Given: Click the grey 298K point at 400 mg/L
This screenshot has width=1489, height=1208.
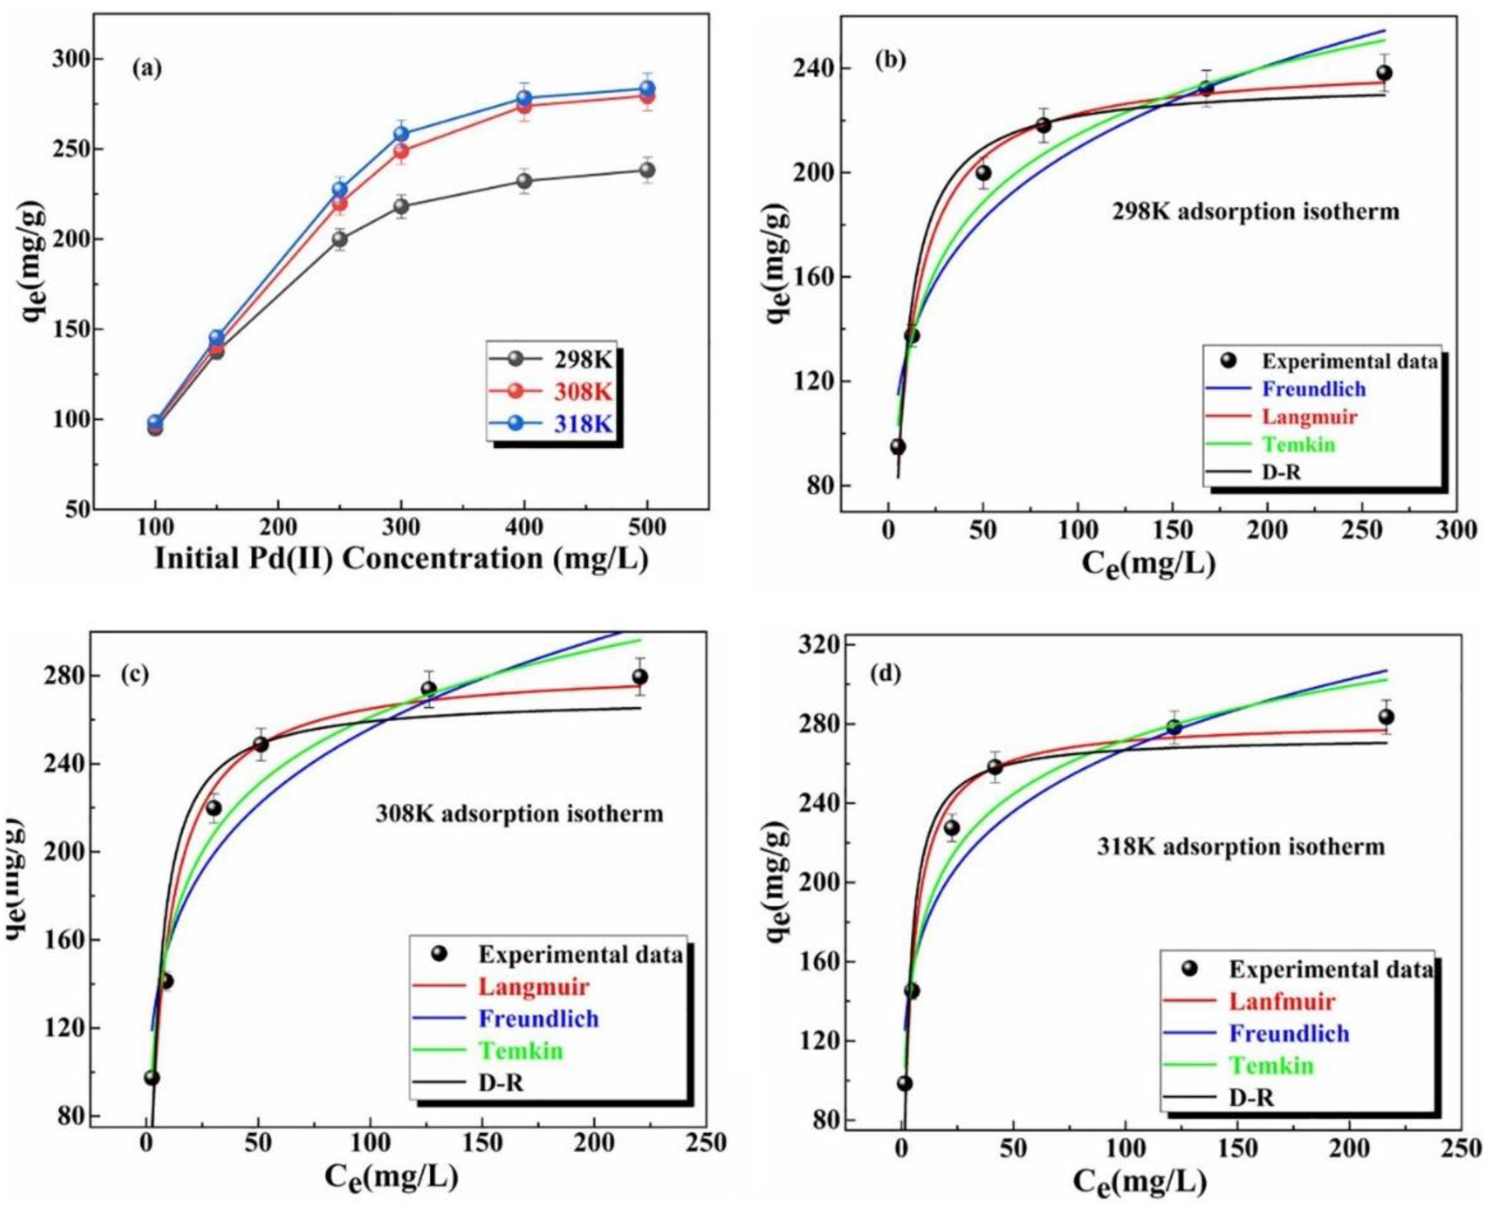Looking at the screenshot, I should [x=524, y=181].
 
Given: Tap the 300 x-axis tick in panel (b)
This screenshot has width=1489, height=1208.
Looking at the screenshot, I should [x=1456, y=530].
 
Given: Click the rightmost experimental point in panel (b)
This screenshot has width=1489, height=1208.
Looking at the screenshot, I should [x=1385, y=73].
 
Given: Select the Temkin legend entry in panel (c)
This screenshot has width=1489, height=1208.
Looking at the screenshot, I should [x=521, y=1051].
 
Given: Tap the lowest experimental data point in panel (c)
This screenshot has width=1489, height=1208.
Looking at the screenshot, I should [x=152, y=1078].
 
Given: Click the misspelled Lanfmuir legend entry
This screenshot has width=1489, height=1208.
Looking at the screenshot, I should [x=1282, y=1001].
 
